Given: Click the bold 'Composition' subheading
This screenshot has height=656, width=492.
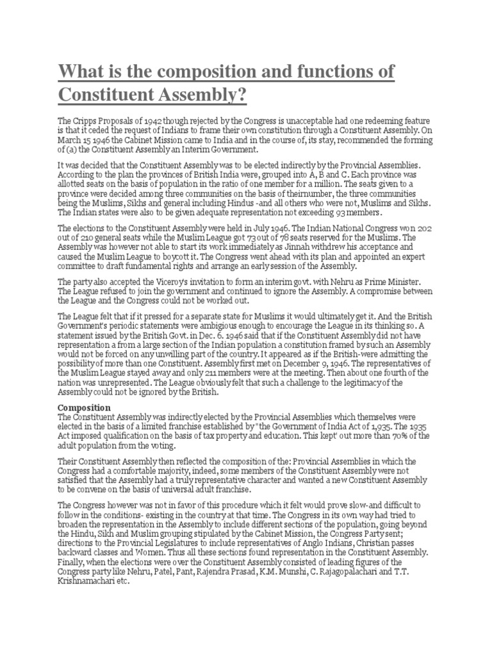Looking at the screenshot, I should [85, 407].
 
